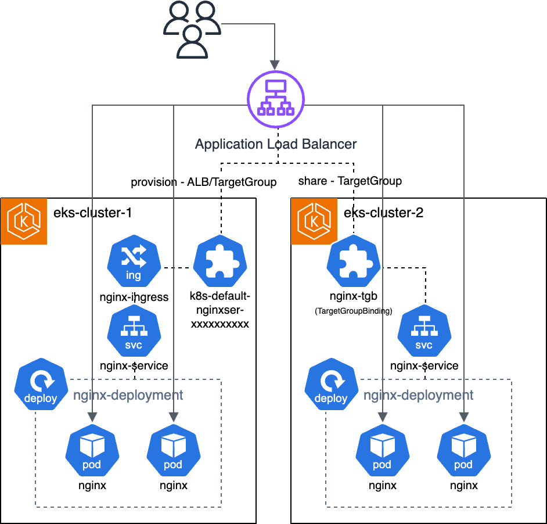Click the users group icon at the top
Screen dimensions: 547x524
tap(192, 29)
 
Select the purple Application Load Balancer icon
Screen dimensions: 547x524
tap(276, 99)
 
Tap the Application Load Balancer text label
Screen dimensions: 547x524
tap(276, 144)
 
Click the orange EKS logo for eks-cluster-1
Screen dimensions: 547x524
tap(24, 221)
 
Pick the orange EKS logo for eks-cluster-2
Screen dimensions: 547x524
tap(314, 221)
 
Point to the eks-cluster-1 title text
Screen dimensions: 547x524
tap(92, 213)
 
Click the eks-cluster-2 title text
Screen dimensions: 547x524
tap(383, 213)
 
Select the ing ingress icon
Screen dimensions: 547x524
tap(134, 261)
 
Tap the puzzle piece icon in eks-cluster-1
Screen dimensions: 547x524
tap(220, 261)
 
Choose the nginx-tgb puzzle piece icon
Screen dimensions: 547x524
tap(354, 261)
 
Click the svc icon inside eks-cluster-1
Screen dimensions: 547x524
tap(134, 331)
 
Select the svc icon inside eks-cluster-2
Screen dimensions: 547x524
tap(424, 331)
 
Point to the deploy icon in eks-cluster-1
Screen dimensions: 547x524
tap(41, 384)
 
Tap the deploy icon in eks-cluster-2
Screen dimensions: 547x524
tap(332, 384)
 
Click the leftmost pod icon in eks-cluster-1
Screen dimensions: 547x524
tap(92, 450)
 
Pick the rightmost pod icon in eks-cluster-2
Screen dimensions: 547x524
tap(463, 450)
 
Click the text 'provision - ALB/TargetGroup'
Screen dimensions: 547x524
tap(204, 182)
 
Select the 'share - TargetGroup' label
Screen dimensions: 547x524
tap(350, 181)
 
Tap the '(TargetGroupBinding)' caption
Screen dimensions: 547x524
tap(354, 311)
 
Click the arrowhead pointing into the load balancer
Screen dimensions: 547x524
tap(275, 65)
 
